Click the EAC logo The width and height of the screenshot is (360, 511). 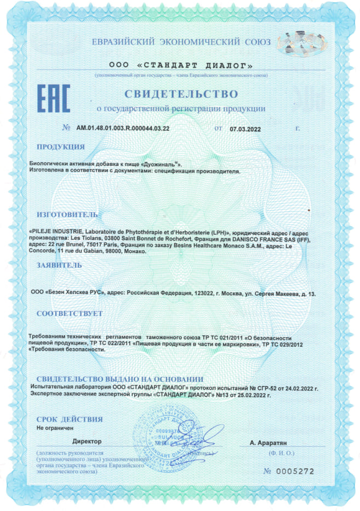(x=53, y=99)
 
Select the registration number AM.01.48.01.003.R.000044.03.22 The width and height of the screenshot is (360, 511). (x=123, y=128)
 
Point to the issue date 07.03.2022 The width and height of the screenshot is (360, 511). (x=244, y=128)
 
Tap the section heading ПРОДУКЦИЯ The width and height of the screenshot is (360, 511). (x=60, y=147)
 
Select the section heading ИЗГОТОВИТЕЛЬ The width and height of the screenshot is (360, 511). (x=67, y=214)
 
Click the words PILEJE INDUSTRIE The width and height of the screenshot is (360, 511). (x=56, y=232)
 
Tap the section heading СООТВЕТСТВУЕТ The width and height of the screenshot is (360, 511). (x=69, y=314)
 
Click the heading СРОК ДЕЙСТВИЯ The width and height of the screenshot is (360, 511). (x=69, y=420)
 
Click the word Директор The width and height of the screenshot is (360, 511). (x=87, y=441)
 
